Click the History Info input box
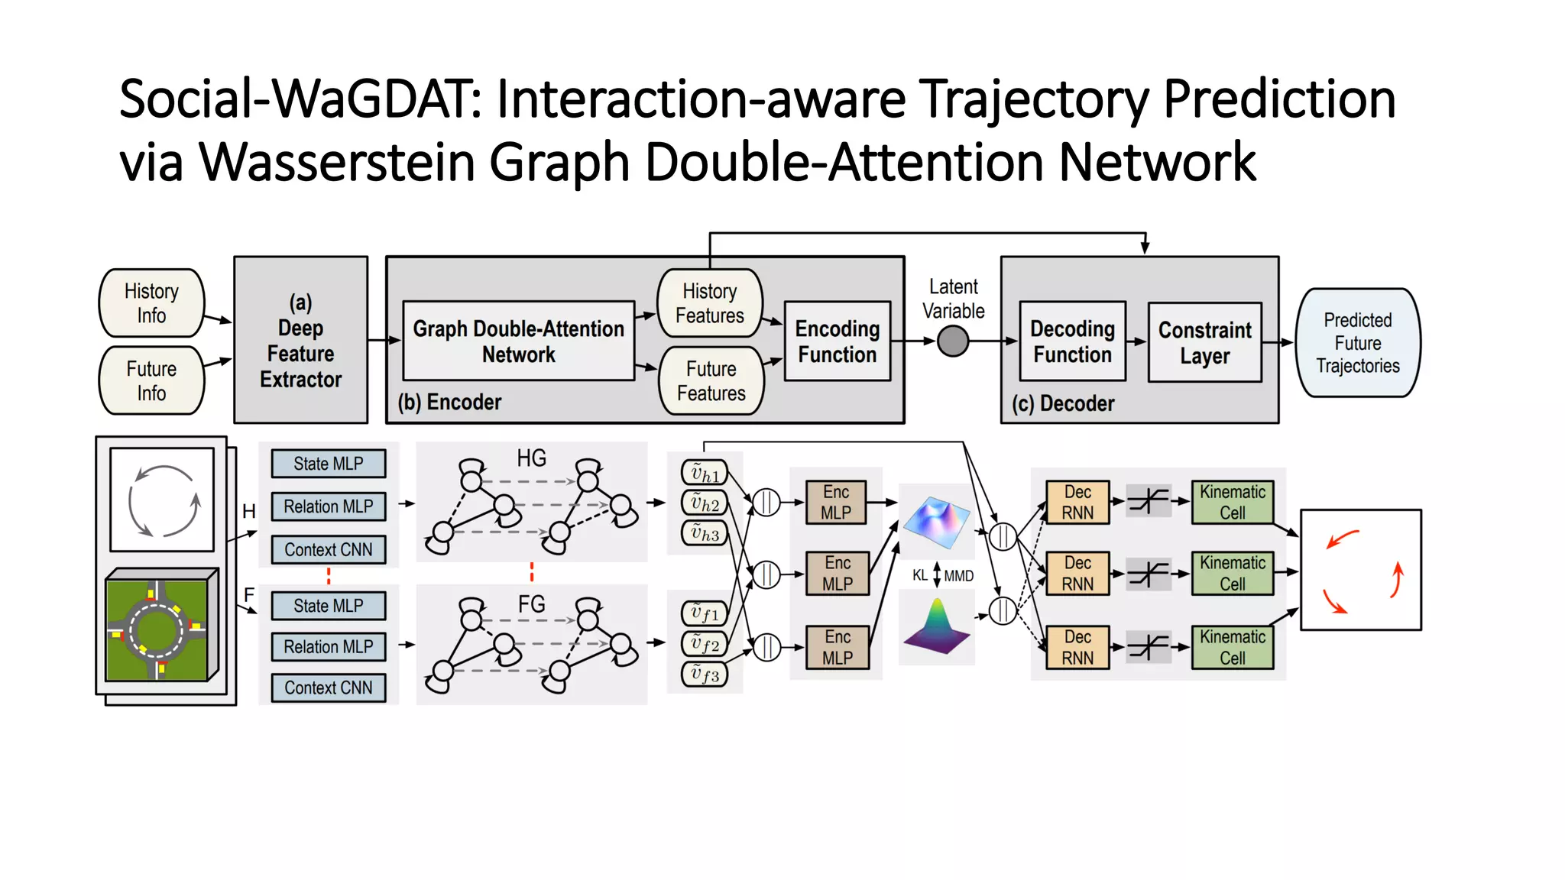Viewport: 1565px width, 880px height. click(151, 303)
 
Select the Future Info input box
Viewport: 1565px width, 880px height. click(151, 380)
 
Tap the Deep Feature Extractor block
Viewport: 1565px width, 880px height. click(300, 341)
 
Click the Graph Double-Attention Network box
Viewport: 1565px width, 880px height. click(518, 341)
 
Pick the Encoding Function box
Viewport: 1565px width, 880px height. click(838, 341)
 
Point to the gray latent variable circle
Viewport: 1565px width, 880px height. click(953, 341)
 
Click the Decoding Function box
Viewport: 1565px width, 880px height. click(1072, 341)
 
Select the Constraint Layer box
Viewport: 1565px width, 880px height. click(1204, 342)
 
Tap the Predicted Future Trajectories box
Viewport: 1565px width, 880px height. click(1358, 343)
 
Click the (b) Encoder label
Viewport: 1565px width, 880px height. click(449, 402)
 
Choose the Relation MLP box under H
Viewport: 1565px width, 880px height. click(329, 506)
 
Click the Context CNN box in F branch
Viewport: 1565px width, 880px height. click(329, 687)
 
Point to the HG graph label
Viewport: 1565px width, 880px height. click(531, 458)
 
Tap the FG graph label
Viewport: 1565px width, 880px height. click(531, 604)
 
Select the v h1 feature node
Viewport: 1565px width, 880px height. click(704, 474)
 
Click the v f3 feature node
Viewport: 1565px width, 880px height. click(704, 675)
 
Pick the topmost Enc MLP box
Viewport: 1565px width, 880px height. click(836, 503)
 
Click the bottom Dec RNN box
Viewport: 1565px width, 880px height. click(1077, 647)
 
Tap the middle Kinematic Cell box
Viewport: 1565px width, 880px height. click(1232, 573)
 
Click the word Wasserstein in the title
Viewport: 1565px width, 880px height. click(338, 162)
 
